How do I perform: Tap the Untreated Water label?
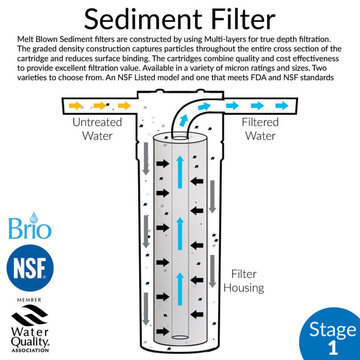[97, 129]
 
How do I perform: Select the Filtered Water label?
[260, 129]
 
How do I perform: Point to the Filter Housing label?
[244, 281]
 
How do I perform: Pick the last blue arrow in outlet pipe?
[282, 105]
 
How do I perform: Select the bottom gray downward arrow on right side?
[212, 271]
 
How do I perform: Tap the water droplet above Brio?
[34, 217]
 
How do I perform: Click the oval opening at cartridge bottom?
[180, 337]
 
